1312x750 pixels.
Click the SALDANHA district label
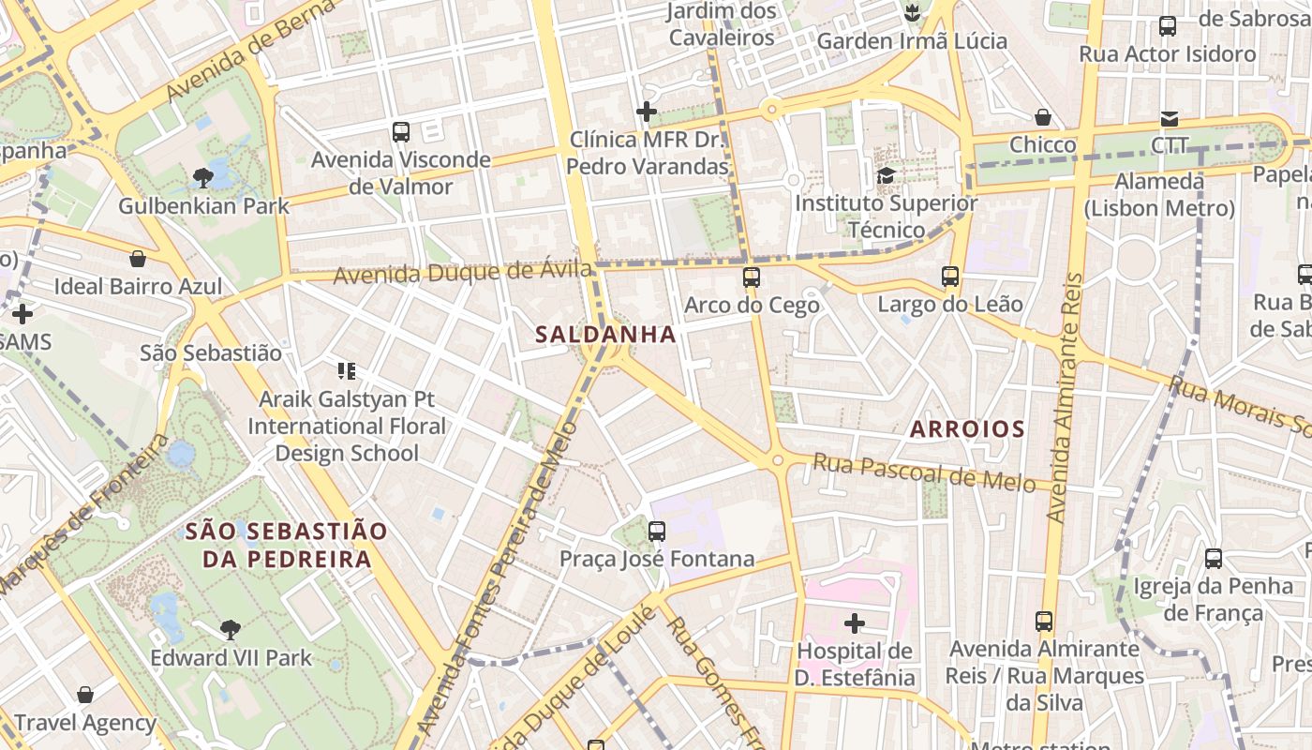pos(605,334)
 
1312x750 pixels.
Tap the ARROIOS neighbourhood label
pos(967,429)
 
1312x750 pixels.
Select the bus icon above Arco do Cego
pos(752,277)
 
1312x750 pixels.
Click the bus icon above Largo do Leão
pos(950,277)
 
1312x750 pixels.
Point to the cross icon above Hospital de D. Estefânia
pos(855,622)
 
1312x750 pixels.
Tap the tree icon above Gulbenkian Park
pos(202,177)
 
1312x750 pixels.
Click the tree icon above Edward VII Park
pos(231,630)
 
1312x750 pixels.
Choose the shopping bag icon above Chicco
pos(1043,117)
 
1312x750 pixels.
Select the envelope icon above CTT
pos(1170,118)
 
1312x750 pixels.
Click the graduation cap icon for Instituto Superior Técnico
pos(886,175)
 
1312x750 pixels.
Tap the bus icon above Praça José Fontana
pos(657,532)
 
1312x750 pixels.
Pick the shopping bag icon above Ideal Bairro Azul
pos(138,259)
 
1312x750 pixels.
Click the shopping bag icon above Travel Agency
pos(85,695)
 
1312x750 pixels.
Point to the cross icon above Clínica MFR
pos(647,112)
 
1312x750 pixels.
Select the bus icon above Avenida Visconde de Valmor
pos(401,132)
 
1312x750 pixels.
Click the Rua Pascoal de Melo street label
pos(923,472)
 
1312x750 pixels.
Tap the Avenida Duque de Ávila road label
pos(463,274)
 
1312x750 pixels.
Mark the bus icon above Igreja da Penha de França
pos(1214,559)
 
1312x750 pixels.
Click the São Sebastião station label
pos(211,353)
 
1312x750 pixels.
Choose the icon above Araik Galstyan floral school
pos(347,371)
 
